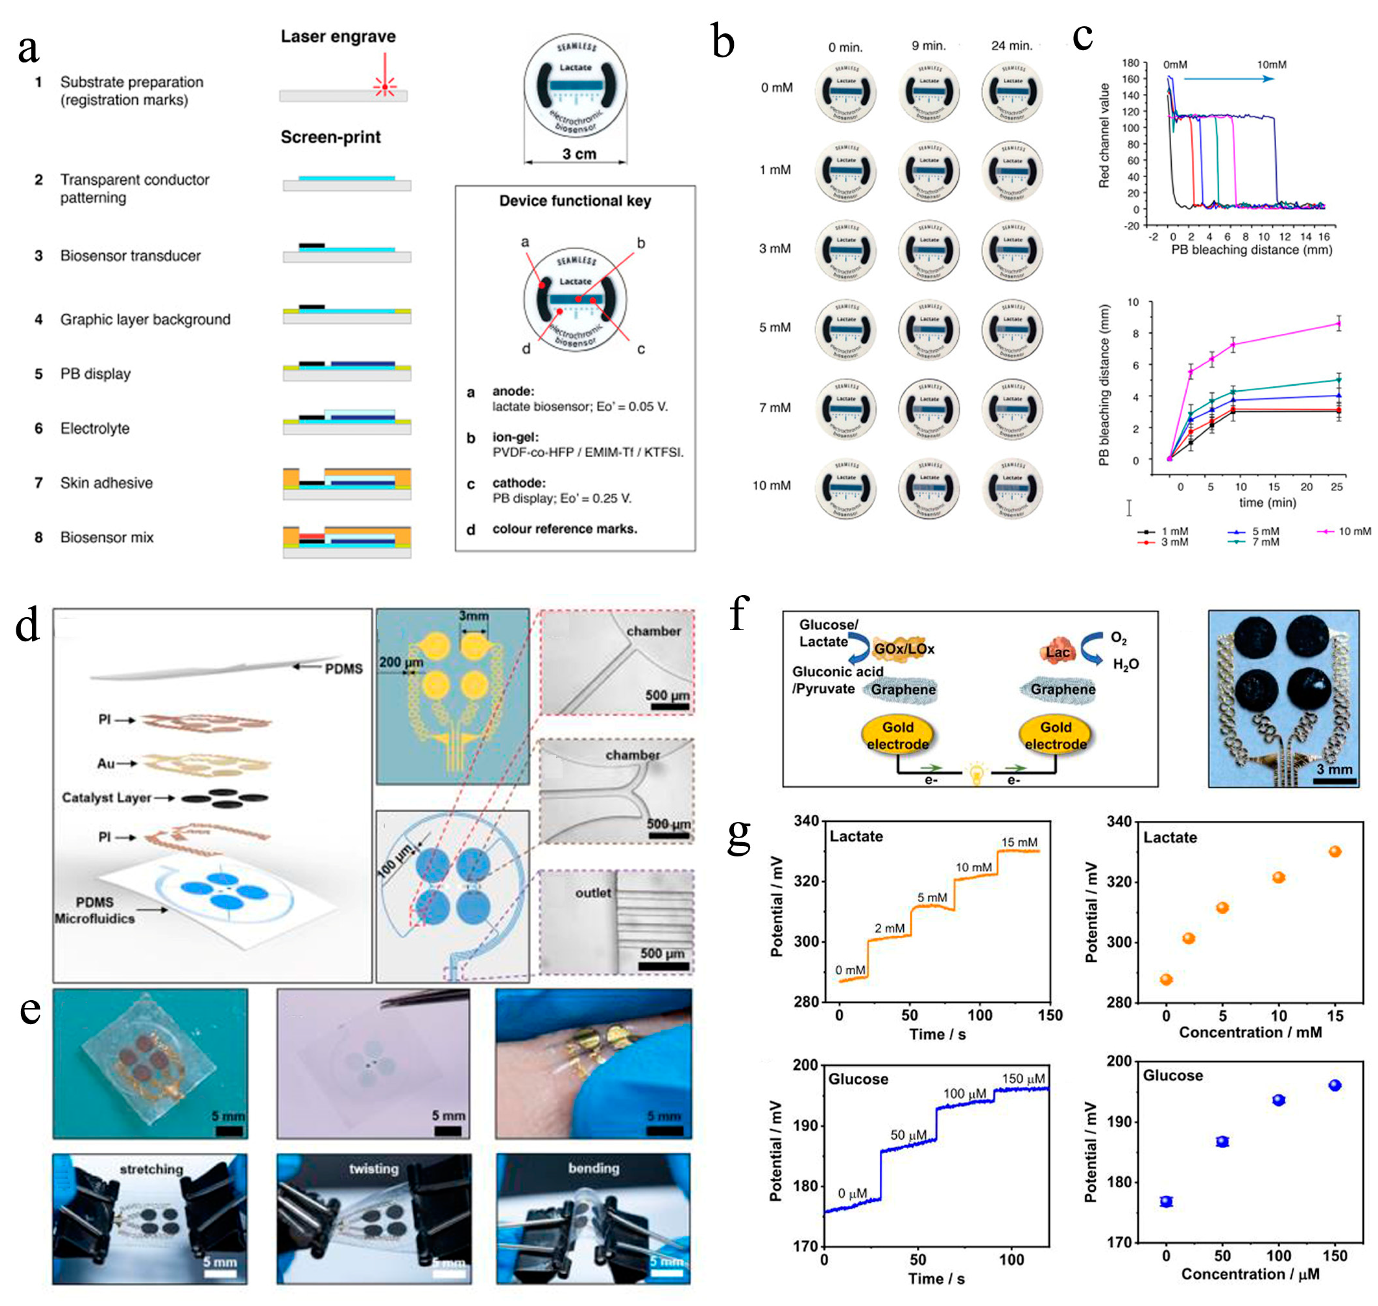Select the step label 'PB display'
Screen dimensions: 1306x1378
click(95, 374)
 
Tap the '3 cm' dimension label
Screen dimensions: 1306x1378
click(579, 154)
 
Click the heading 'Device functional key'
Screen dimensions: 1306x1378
click(575, 201)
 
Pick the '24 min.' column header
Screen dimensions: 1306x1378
click(1011, 46)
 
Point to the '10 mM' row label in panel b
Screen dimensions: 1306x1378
click(772, 485)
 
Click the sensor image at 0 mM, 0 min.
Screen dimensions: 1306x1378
click(846, 92)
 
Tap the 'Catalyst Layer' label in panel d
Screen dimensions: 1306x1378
click(106, 798)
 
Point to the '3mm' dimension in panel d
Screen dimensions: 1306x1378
click(473, 616)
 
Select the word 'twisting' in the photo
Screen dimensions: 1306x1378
click(374, 1168)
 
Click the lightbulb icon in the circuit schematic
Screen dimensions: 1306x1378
click(977, 773)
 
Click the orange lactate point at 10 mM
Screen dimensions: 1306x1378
click(1278, 878)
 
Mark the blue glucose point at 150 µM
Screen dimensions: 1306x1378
click(1334, 1085)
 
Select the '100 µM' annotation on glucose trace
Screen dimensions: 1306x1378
click(964, 1094)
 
